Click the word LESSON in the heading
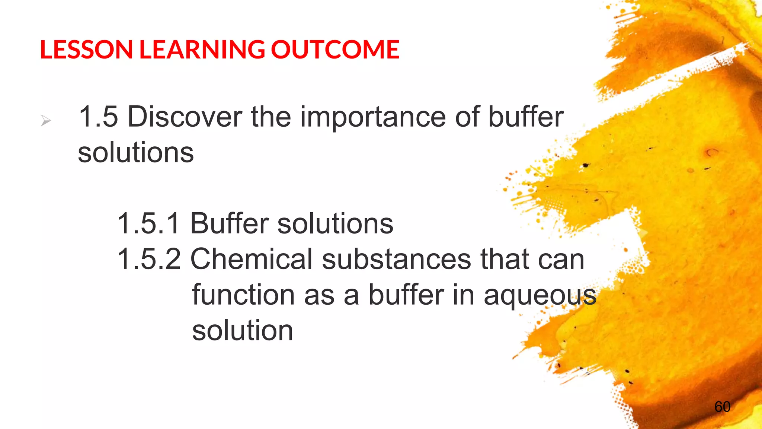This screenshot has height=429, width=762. coord(86,49)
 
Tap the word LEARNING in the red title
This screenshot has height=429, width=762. coord(202,49)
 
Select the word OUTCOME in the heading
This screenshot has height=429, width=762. coord(335,49)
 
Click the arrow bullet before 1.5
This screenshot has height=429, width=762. coord(46,121)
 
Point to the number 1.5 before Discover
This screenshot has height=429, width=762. coord(98,117)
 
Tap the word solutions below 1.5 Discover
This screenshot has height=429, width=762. coord(136,153)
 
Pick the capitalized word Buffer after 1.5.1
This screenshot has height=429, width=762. coord(229,223)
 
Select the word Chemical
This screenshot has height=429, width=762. coord(252,259)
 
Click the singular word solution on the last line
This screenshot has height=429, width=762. coord(243,331)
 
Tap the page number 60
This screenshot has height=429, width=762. coord(722,407)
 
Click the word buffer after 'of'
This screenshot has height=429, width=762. coord(525,117)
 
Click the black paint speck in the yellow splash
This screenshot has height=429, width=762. coord(586,165)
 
